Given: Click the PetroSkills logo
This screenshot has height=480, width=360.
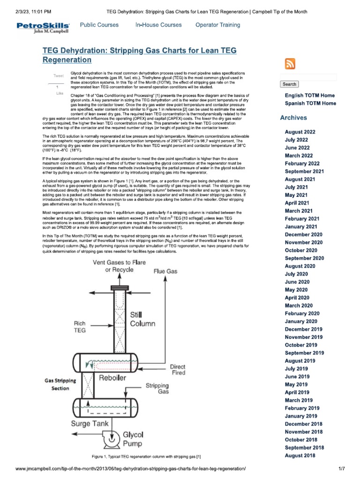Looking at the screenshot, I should pos(43,28).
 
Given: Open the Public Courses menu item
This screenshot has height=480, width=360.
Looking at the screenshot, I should pos(99,25).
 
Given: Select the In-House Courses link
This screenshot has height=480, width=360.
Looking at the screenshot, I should pos(158,25).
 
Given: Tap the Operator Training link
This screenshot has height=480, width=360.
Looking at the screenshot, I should pos(217,25).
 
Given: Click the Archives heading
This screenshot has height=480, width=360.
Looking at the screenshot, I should pos(293,118).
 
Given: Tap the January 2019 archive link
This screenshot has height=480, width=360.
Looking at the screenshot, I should pos(301,416).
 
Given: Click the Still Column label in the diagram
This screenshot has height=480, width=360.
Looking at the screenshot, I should pos(142,319).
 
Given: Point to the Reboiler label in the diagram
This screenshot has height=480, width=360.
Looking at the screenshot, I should pos(113,378).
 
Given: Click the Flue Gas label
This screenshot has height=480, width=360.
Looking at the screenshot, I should pos(165,271).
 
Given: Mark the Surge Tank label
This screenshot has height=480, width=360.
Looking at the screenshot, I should pos(90,423).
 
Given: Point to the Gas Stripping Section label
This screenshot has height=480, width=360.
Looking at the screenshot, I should pos(60,385).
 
